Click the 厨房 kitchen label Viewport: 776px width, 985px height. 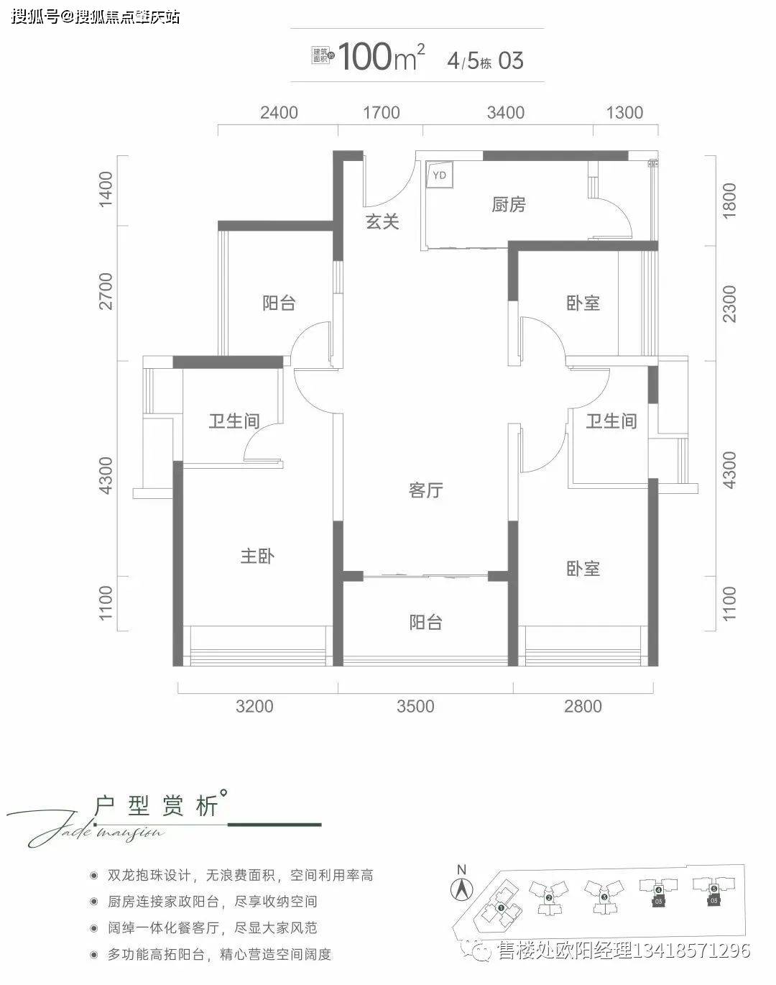tap(509, 205)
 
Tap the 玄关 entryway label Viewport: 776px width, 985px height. tap(382, 221)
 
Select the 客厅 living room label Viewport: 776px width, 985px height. tap(425, 490)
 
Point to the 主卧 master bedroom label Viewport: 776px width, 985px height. tap(257, 556)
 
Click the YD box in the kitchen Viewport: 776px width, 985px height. tap(440, 175)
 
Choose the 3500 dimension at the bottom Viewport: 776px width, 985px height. tap(416, 706)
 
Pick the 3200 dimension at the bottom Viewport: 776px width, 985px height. tap(255, 706)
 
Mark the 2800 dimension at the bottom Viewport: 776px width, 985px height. tap(583, 706)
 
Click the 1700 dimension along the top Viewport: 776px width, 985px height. tap(381, 113)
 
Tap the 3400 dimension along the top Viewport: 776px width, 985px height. tap(506, 113)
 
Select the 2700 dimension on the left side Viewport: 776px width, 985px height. tap(107, 291)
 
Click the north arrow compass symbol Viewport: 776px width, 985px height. tap(461, 888)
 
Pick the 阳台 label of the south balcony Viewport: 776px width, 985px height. tap(425, 622)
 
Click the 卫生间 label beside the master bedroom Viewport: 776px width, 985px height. tap(234, 421)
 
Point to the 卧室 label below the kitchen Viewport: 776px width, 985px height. tap(583, 303)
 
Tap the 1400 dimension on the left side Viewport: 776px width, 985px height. tap(107, 189)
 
